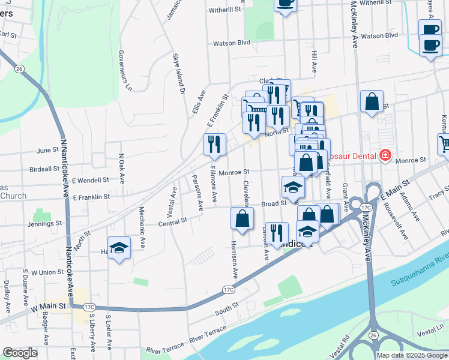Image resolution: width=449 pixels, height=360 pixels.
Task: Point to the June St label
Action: point(47,151)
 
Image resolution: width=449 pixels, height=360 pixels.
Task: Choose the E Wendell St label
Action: point(90,179)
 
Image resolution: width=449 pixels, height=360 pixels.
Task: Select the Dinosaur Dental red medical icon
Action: point(385,156)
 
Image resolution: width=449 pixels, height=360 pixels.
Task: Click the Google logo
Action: point(20,353)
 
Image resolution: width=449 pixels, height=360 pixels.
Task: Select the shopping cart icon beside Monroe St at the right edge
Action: point(444,145)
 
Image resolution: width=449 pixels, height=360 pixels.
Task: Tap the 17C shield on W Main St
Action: point(89,307)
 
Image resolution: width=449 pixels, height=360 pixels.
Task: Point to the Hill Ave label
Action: point(313,62)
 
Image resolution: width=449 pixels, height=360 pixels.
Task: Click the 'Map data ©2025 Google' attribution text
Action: point(412,355)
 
